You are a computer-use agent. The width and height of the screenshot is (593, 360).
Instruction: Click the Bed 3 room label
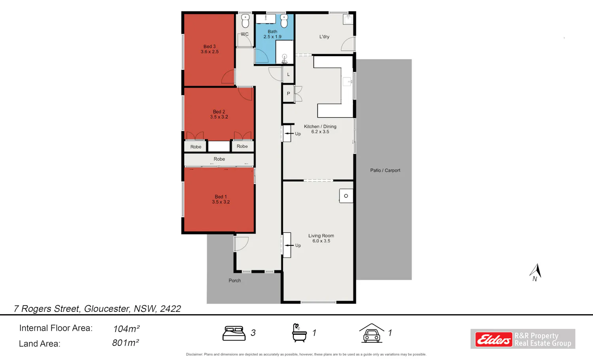tap(210, 49)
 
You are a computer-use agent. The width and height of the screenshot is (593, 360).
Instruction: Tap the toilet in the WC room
tap(246, 21)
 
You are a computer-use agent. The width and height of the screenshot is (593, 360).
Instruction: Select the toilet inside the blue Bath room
tap(284, 21)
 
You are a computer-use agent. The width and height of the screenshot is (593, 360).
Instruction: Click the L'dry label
tap(324, 36)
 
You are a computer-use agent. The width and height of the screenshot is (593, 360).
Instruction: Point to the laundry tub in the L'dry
tap(348, 19)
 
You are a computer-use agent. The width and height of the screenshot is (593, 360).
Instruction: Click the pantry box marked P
tap(288, 93)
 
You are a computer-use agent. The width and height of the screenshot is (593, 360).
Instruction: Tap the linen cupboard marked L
tap(288, 74)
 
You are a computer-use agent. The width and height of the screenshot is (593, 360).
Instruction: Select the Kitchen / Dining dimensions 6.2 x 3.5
tap(320, 132)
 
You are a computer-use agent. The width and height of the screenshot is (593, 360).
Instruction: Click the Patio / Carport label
tap(385, 170)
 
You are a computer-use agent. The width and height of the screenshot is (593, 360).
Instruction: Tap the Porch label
tap(234, 280)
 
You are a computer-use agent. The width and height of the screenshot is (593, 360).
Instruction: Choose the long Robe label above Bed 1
tap(219, 159)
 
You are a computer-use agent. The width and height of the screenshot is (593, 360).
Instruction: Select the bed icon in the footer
tap(234, 333)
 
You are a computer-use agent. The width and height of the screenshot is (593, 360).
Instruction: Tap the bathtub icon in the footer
tap(299, 333)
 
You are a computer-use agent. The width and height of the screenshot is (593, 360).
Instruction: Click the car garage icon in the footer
tap(372, 333)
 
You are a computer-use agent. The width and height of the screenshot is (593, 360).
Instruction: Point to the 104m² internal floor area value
tap(126, 328)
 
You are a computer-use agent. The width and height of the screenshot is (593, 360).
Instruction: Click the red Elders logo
tap(494, 339)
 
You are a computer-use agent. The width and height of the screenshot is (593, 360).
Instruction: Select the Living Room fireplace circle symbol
tap(346, 196)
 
